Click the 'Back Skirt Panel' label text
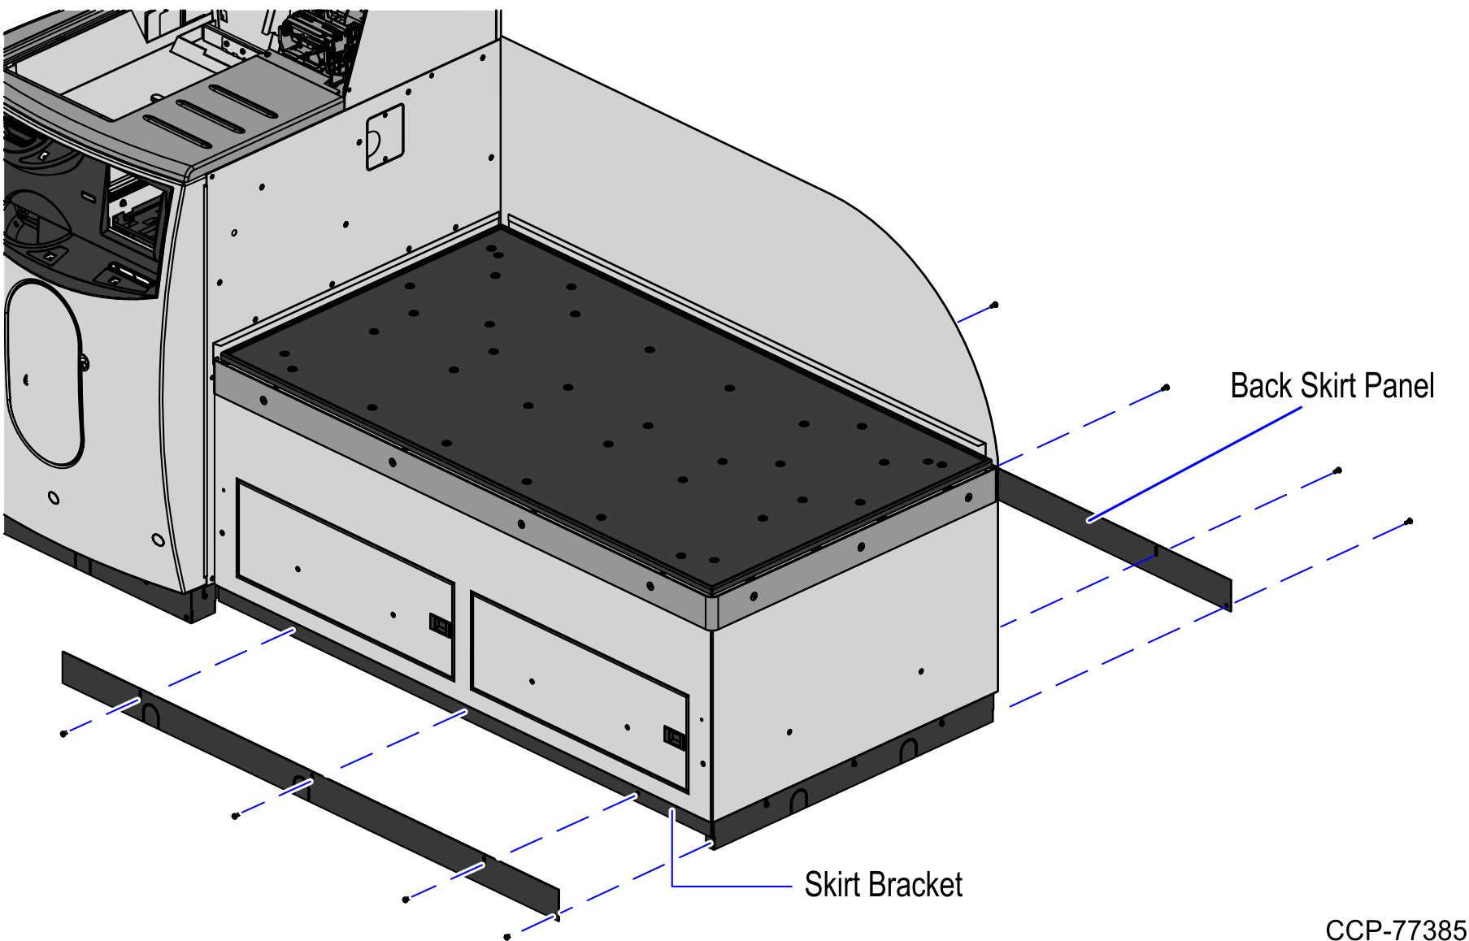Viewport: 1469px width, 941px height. coord(1332,386)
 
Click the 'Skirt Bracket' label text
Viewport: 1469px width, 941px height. coord(883,885)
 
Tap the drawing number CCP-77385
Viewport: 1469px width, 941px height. coord(1395,930)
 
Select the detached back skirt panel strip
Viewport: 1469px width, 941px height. coord(1114,536)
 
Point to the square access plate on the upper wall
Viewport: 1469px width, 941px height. coord(385,137)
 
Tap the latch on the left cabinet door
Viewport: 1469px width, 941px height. coord(440,625)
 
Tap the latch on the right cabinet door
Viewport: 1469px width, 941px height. coord(674,737)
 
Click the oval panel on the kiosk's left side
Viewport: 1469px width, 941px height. coord(45,374)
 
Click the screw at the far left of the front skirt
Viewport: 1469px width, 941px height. coord(64,734)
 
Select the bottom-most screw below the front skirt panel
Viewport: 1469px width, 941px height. coord(507,937)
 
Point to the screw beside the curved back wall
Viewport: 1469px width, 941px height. coord(994,306)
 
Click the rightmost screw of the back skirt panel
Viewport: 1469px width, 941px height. coord(1409,521)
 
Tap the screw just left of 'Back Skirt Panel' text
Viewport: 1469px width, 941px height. coord(1166,388)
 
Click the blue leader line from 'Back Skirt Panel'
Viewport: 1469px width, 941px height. coord(1195,464)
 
